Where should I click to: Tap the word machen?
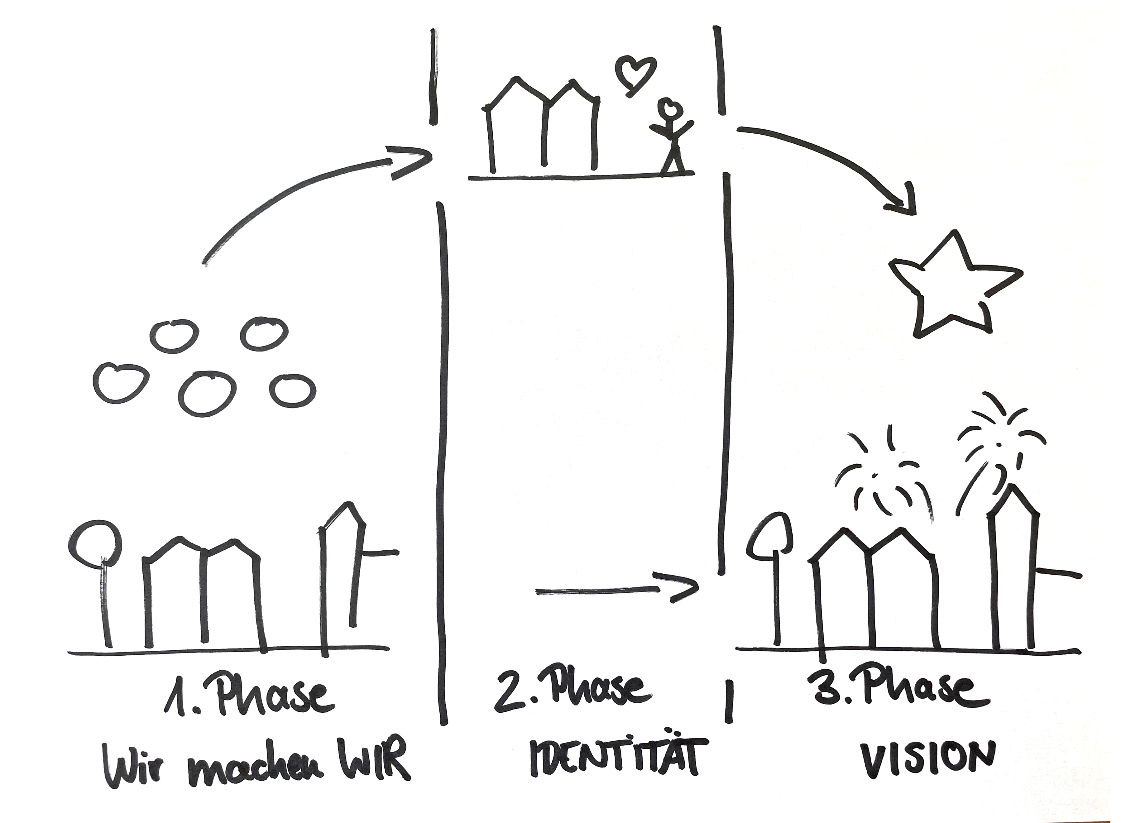257,773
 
